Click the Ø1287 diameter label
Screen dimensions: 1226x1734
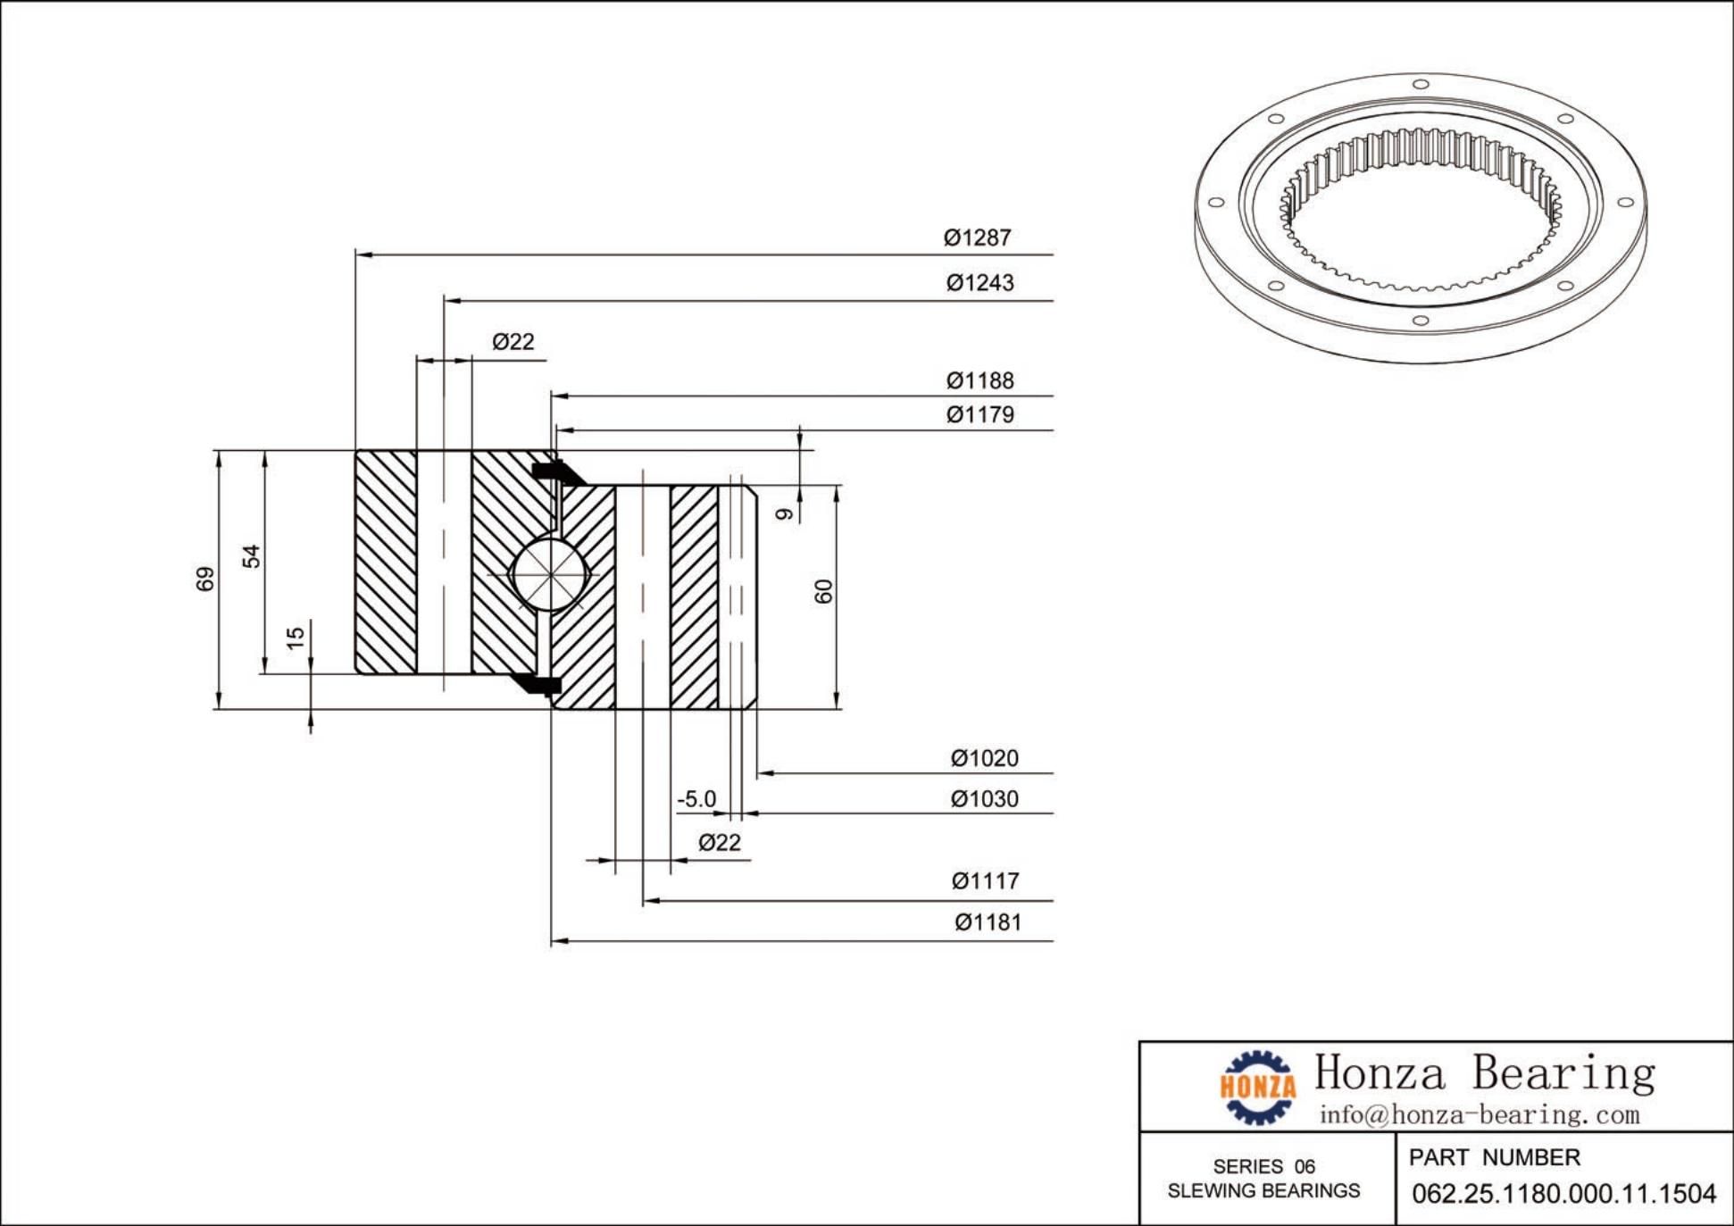pos(978,238)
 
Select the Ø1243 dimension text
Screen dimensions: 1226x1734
pos(980,283)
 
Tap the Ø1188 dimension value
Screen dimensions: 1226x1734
pos(980,381)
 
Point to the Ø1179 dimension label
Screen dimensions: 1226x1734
pos(980,415)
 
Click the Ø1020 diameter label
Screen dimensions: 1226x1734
pos(984,759)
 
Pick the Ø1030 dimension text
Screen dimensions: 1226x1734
pos(984,799)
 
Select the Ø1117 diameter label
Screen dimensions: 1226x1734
pos(985,881)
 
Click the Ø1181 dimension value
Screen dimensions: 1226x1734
pos(988,922)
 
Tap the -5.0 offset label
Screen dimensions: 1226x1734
pos(696,798)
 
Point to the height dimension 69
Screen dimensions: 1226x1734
pos(205,579)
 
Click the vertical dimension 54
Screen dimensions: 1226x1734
pos(252,555)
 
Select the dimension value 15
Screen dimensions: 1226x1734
pos(296,637)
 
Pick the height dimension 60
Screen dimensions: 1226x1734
pos(823,591)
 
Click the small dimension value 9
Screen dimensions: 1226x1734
pos(784,513)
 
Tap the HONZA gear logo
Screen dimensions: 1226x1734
pos(1258,1087)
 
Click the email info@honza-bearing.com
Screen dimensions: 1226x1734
pos(1480,1114)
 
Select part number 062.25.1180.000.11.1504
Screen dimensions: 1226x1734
pos(1563,1194)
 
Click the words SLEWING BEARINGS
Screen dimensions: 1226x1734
pos(1263,1191)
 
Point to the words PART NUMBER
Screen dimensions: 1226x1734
pos(1494,1158)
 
